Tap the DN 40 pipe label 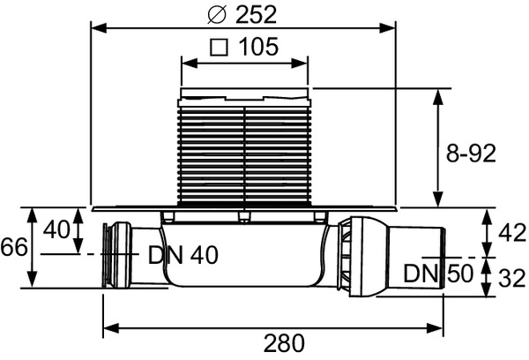(x=182, y=256)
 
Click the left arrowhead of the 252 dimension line (x=98, y=28)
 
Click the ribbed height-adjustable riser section (x=244, y=150)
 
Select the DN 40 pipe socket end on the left (x=110, y=255)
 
